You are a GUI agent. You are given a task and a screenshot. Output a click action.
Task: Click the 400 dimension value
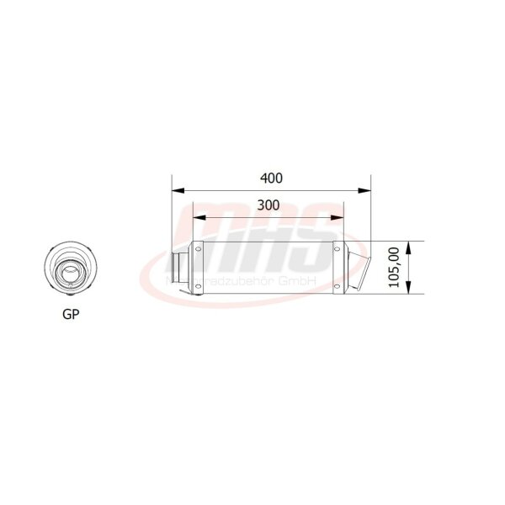[271, 178]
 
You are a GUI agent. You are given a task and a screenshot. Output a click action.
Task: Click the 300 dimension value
[268, 205]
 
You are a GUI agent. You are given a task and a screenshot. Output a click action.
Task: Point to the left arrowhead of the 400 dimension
[176, 190]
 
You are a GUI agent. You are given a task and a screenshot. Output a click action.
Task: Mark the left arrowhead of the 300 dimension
[197, 217]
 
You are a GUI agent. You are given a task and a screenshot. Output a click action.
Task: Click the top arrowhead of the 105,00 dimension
[408, 246]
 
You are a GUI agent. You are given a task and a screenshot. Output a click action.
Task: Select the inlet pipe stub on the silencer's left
[180, 268]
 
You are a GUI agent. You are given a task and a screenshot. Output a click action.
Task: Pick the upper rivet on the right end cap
[339, 248]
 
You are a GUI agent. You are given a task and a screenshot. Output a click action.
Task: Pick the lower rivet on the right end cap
[339, 287]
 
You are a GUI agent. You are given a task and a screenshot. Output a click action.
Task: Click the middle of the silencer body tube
[268, 268]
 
